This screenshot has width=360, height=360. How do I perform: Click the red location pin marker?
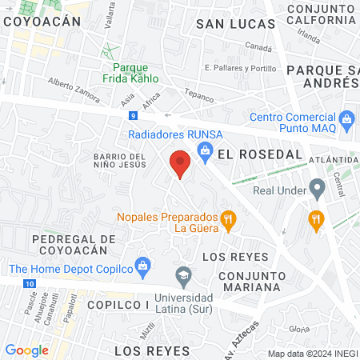point(180,163)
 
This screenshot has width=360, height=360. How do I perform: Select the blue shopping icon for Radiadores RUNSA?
point(205,149)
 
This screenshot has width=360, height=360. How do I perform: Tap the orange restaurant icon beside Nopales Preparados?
point(228,218)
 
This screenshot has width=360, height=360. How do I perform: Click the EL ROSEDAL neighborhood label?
point(249,154)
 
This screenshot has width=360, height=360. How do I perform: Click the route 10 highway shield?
point(30,284)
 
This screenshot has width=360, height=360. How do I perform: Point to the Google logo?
point(26,350)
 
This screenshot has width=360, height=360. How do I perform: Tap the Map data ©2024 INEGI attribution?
point(312,354)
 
